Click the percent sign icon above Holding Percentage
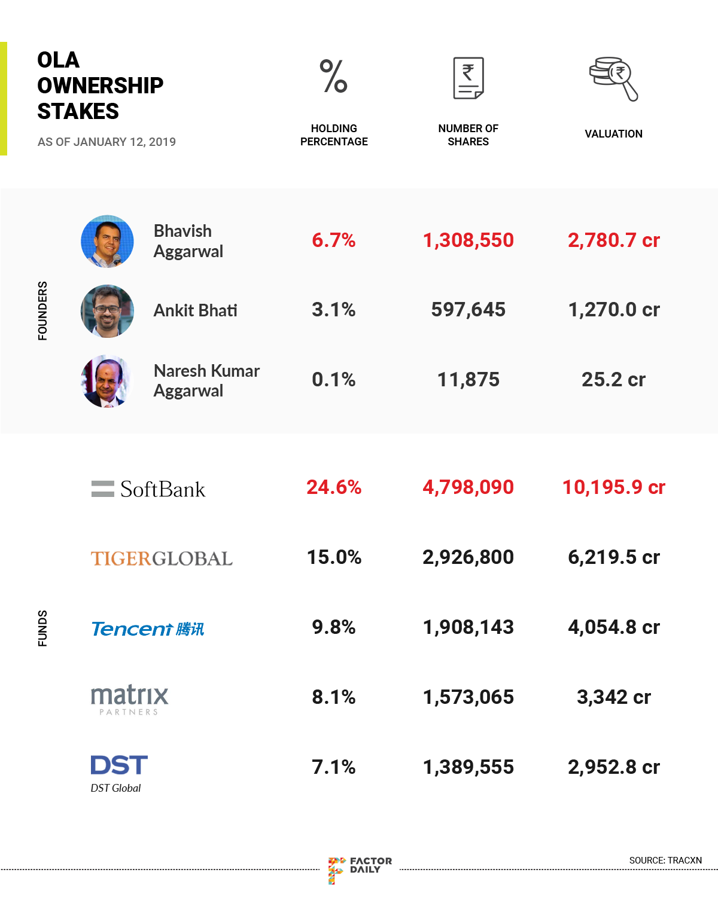(334, 77)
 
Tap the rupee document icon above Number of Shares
(468, 78)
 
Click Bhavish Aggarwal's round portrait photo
(107, 241)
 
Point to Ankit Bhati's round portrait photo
(107, 311)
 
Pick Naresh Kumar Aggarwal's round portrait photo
(106, 381)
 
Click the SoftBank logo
(148, 489)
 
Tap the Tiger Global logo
(162, 559)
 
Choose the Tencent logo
(148, 628)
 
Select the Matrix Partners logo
(129, 699)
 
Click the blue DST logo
(119, 765)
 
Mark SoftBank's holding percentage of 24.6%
(334, 487)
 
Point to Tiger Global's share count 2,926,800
(468, 557)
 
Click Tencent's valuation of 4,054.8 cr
(613, 627)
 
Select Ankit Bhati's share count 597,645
(468, 310)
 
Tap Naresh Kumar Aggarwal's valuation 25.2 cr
(613, 380)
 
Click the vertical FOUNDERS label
(42, 311)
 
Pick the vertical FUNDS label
(42, 628)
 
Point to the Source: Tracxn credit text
(665, 861)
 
